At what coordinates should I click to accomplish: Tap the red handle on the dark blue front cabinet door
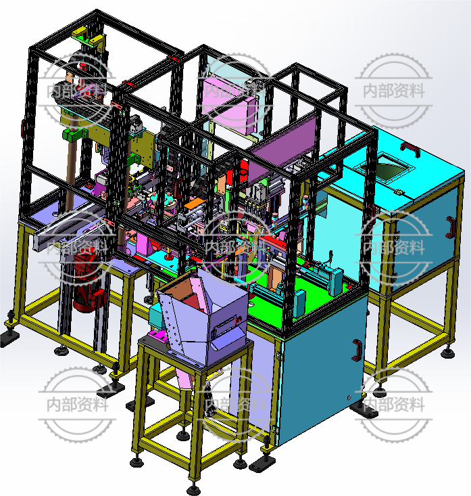tap(357, 350)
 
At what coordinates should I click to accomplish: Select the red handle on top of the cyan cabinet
tap(411, 150)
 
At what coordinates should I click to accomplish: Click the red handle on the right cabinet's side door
tap(451, 227)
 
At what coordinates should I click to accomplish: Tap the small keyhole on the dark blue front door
tap(349, 397)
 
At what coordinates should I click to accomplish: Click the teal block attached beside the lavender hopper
tap(155, 315)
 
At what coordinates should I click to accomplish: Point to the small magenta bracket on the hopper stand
tap(158, 335)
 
